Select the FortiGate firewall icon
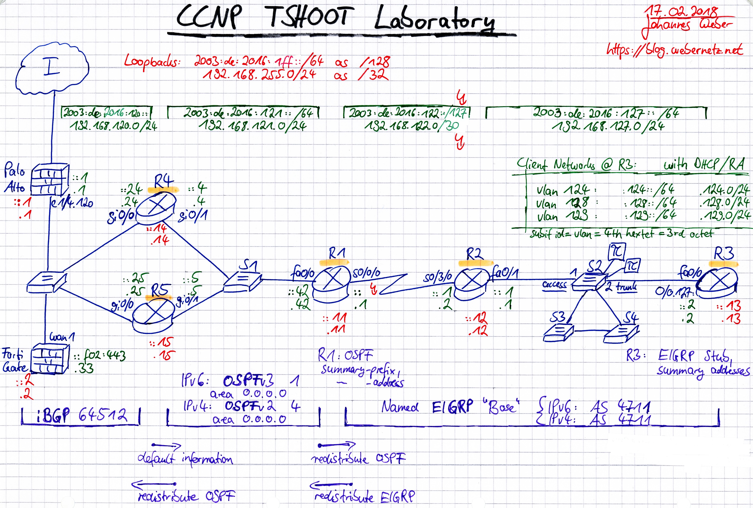[50, 361]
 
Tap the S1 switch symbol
[242, 282]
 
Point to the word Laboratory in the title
[434, 19]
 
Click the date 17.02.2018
[680, 12]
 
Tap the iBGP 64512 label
[81, 415]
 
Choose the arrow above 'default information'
[166, 445]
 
